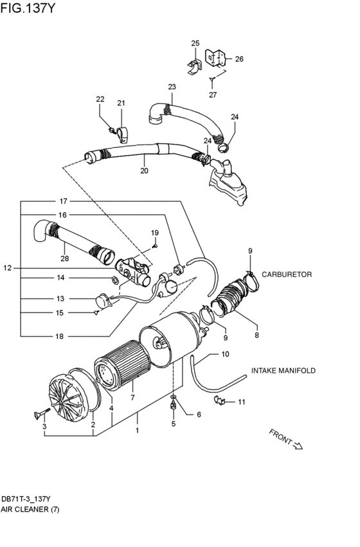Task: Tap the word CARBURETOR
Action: (x=286, y=274)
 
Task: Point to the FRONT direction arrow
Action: (x=286, y=439)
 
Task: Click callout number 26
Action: (x=239, y=59)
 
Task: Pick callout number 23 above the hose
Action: (x=172, y=87)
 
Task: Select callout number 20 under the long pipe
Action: (x=144, y=171)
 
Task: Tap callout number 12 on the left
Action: (x=8, y=267)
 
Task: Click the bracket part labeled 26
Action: (x=215, y=59)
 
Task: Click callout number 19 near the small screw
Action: (x=154, y=232)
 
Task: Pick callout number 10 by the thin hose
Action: (x=224, y=354)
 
